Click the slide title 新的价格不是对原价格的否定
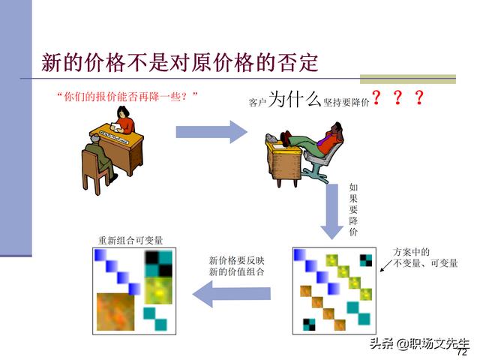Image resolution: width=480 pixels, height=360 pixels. pyautogui.click(x=180, y=61)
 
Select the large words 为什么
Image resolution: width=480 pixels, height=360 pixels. pyautogui.click(x=294, y=98)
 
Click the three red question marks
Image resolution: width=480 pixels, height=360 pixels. pyautogui.click(x=397, y=97)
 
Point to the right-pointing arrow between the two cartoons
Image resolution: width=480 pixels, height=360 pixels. pyautogui.click(x=211, y=132)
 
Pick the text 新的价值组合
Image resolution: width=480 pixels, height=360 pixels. pyautogui.click(x=236, y=271)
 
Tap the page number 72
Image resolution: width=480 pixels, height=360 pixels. pyautogui.click(x=462, y=352)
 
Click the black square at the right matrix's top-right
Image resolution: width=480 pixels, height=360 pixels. pyautogui.click(x=366, y=261)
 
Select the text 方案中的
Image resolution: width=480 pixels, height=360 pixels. pyautogui.click(x=411, y=252)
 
